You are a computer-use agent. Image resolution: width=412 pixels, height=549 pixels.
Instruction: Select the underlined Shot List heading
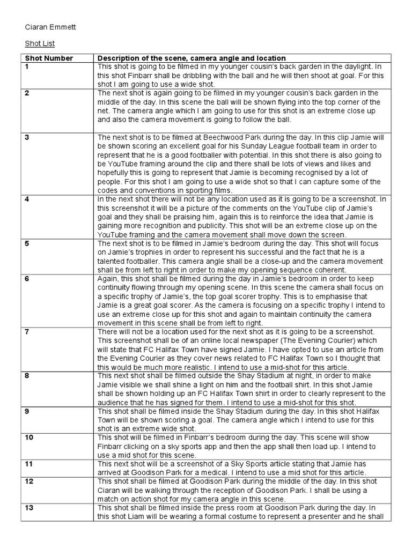(x=40, y=43)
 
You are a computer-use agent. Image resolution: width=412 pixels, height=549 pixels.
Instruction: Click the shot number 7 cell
(x=27, y=332)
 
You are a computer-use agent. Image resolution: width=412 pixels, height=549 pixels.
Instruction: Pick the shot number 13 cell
(x=29, y=507)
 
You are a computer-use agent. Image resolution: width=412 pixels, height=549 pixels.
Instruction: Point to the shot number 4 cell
(x=27, y=198)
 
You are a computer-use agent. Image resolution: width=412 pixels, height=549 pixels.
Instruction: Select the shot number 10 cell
(x=29, y=437)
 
